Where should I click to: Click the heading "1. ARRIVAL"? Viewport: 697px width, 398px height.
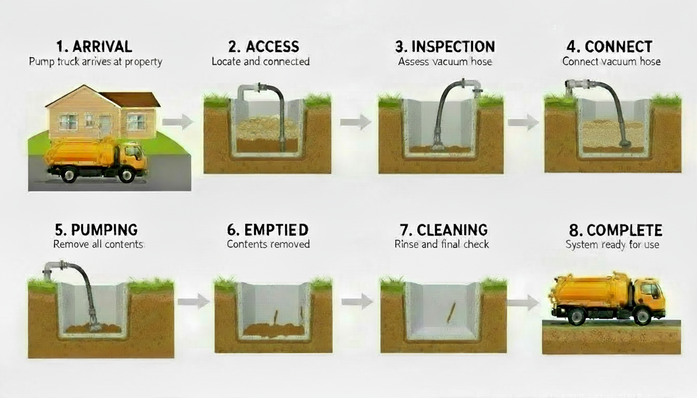point(94,46)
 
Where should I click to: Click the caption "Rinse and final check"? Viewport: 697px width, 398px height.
point(441,244)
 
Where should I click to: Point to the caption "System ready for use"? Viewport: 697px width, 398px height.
point(612,244)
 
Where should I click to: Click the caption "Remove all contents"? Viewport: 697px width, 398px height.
point(98,244)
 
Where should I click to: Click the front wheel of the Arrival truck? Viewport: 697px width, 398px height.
point(126,175)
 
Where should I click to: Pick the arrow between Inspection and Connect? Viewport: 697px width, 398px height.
point(523,122)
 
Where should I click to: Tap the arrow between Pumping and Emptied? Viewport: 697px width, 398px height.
point(193,302)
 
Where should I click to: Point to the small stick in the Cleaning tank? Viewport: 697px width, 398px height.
point(451,314)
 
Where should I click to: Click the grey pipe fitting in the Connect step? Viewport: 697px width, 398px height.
point(577,84)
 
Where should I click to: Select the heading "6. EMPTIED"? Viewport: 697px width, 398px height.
point(268,230)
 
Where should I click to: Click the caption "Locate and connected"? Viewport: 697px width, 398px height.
point(260,61)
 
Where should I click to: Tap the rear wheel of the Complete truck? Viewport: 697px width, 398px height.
point(576,316)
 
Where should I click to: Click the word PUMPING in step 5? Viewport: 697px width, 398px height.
point(104,230)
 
